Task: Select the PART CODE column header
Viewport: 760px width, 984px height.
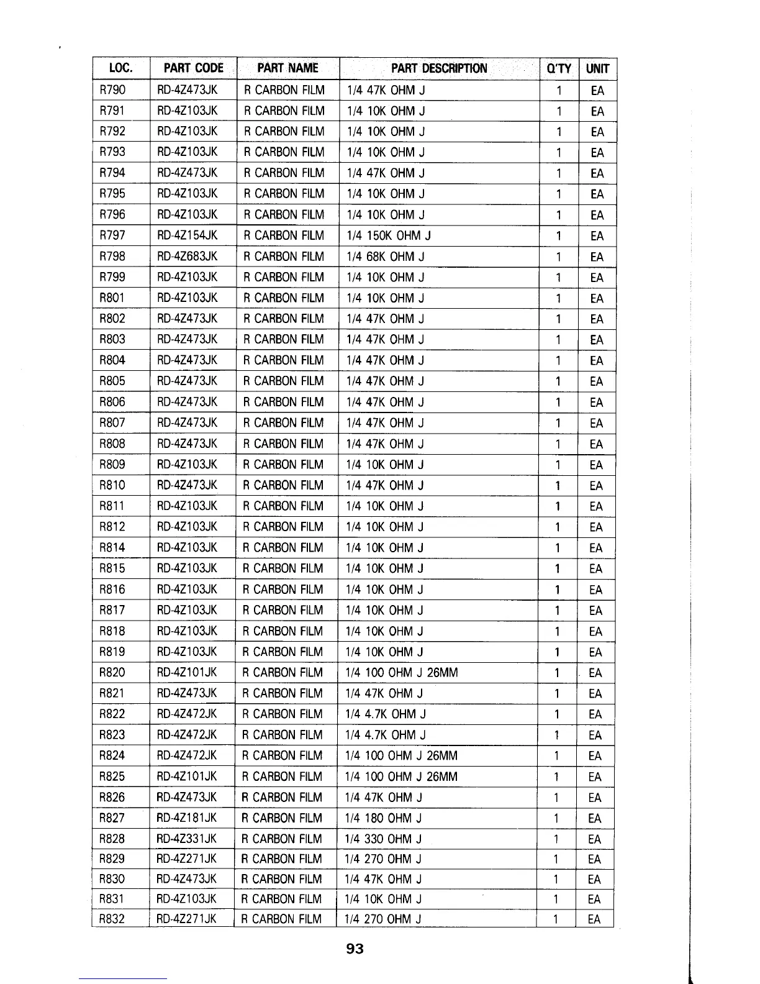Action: [193, 68]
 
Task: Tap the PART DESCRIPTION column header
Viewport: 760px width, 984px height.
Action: [439, 68]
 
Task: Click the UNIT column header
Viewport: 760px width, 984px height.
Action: [597, 69]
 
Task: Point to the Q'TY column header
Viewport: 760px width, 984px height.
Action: [559, 69]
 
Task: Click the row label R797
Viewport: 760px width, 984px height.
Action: [112, 235]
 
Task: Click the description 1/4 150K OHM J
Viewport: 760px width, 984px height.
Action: [389, 236]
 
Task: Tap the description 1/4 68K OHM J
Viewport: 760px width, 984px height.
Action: [386, 257]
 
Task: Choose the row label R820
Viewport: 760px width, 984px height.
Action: [112, 672]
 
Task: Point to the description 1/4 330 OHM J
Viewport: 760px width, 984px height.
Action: [383, 839]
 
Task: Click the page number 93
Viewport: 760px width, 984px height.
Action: [355, 949]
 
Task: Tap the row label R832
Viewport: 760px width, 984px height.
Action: [112, 919]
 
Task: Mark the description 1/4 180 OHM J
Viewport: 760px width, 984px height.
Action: [383, 818]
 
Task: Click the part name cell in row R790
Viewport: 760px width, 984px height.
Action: [284, 90]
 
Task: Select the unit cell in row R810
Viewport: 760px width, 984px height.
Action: [596, 486]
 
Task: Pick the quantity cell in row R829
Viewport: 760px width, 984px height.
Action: [556, 860]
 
